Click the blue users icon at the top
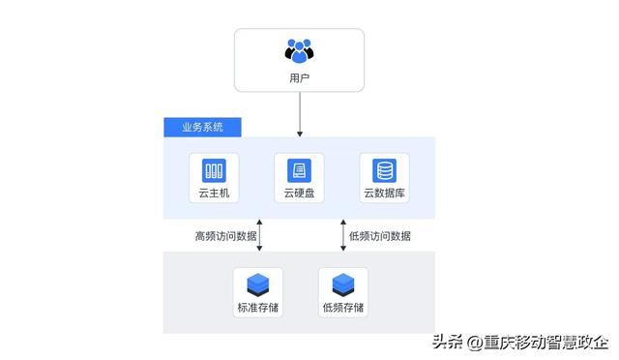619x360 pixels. (300, 50)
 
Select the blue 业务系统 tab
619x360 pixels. (201, 128)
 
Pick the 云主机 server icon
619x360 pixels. (214, 171)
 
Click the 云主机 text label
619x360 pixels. (214, 194)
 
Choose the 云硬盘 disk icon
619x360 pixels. (299, 171)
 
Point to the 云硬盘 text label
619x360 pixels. (299, 194)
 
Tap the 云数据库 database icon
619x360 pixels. (385, 171)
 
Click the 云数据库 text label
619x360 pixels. (385, 194)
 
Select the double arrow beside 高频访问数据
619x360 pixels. (259, 235)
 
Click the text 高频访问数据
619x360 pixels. (225, 235)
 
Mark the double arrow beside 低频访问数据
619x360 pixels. (342, 235)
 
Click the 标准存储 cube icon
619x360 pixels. (257, 285)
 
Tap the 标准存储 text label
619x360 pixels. (257, 308)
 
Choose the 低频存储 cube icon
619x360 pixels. (342, 285)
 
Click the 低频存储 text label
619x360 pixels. (342, 308)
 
